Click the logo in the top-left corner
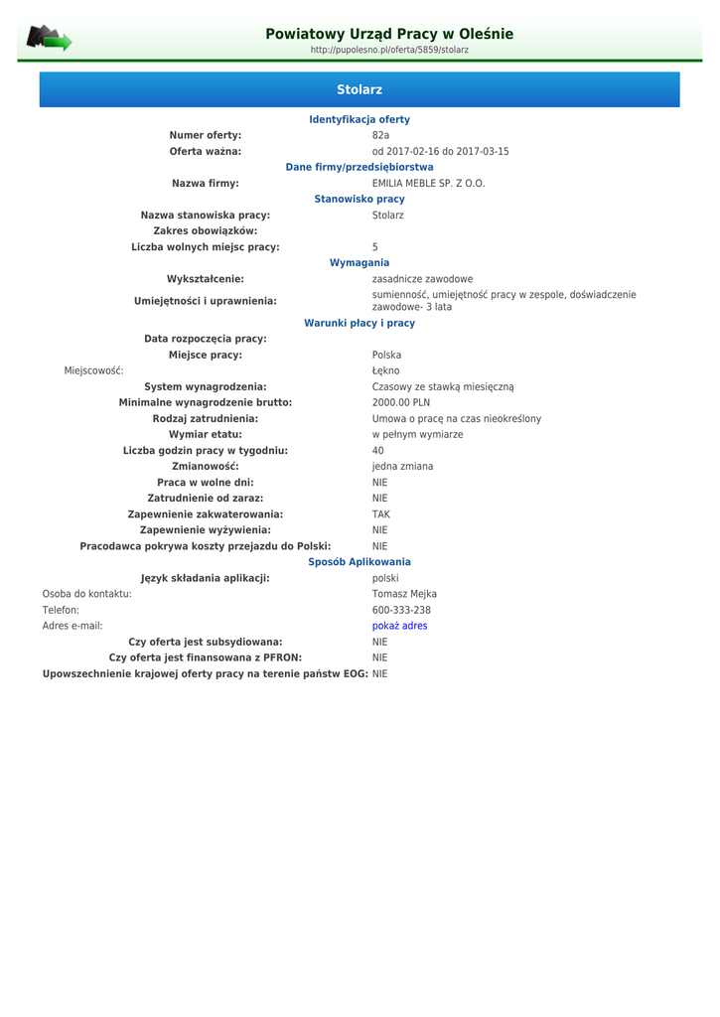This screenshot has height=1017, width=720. point(49,39)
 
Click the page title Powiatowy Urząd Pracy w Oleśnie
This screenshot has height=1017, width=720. point(389,34)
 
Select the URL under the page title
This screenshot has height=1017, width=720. point(389,50)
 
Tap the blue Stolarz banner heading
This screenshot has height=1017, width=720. point(360,89)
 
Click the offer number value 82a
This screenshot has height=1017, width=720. point(381,135)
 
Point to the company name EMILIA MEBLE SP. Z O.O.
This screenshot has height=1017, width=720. point(428,183)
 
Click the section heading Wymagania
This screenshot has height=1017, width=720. point(360,262)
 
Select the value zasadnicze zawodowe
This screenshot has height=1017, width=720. point(422,279)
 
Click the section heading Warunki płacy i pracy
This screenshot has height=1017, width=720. point(360,323)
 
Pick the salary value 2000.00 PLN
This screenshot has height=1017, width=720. point(401,402)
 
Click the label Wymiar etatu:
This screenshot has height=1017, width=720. point(206,434)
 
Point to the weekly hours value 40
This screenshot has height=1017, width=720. point(378,450)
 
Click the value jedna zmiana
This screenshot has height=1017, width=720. point(402,466)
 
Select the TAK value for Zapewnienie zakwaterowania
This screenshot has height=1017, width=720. point(381,513)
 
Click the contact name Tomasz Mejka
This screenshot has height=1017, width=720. point(404,594)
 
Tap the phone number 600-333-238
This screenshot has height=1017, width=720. point(401,610)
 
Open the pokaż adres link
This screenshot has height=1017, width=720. point(399,626)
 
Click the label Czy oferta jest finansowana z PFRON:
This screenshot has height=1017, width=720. point(206,657)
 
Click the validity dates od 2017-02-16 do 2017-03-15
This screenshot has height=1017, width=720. point(440,151)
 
